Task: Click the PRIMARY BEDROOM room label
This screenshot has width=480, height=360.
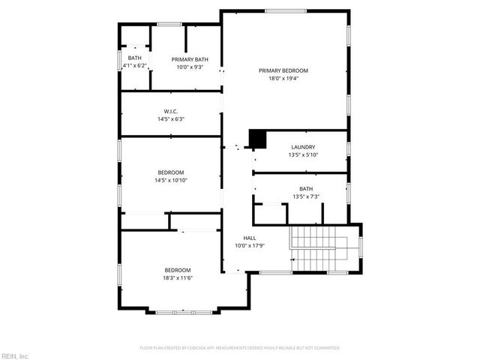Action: pos(283,70)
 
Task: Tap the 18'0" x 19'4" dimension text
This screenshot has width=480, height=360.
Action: pos(283,78)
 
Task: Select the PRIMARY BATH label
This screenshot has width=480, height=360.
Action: pos(190,59)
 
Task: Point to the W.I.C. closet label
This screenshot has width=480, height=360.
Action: pos(170,111)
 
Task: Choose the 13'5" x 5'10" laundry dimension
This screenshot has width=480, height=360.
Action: pos(303,154)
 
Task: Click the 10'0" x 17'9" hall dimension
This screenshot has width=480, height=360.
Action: pos(250,245)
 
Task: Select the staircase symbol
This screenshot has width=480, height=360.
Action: pos(316,248)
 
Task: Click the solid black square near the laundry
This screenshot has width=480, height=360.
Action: pos(257,139)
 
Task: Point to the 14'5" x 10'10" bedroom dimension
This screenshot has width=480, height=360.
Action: pos(171,180)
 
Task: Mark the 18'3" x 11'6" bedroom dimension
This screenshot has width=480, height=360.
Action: pos(178,278)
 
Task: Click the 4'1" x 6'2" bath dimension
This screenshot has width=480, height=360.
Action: pos(135,66)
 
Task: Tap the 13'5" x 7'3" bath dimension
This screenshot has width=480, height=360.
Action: pos(306,196)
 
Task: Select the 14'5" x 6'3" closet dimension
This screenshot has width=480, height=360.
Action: pos(171,118)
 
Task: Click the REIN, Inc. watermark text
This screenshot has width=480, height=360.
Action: pos(14,355)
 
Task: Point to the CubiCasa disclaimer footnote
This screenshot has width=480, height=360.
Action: pos(240,348)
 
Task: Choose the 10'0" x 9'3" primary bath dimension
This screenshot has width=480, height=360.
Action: pos(190,67)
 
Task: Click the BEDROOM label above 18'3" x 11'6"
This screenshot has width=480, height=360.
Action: pos(178,270)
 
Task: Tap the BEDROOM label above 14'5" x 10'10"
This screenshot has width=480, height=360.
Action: pos(170,172)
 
